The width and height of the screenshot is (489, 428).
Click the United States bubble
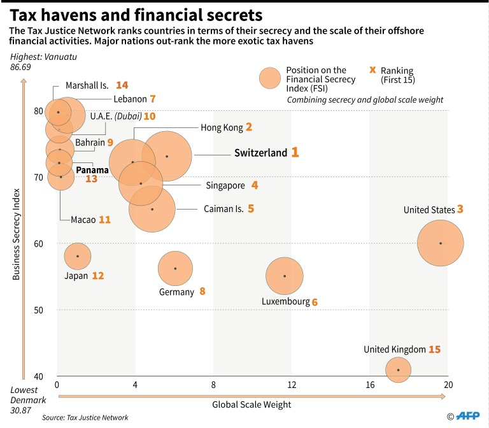click(x=440, y=243)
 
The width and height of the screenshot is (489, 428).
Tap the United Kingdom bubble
click(x=398, y=369)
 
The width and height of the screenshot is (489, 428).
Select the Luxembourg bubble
click(x=285, y=276)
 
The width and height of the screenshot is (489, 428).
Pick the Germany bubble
click(x=175, y=268)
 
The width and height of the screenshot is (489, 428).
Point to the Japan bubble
click(x=78, y=256)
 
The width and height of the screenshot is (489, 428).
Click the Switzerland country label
click(x=260, y=153)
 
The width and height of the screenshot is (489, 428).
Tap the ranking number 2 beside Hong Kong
click(x=249, y=127)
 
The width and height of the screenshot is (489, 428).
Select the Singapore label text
click(x=225, y=185)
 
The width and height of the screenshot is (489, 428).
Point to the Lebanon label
click(x=130, y=99)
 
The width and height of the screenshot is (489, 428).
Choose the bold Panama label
click(x=92, y=170)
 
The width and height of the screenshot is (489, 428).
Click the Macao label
click(x=83, y=219)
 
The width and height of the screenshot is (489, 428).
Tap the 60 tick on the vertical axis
click(x=39, y=243)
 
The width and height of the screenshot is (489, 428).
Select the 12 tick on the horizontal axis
click(x=292, y=385)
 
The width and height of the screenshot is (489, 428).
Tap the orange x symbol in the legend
click(x=372, y=70)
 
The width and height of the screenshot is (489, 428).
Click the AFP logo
click(x=468, y=415)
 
